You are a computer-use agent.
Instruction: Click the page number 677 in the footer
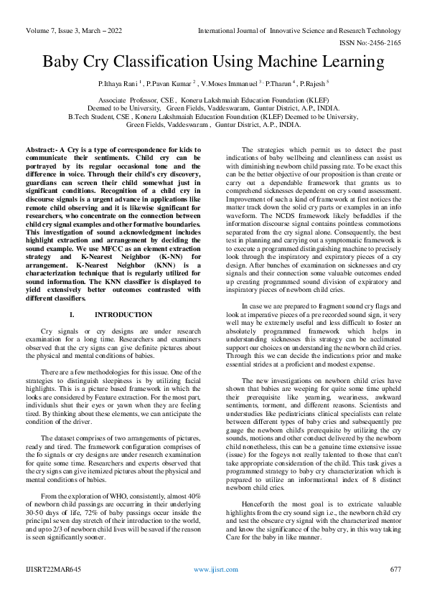[395, 589]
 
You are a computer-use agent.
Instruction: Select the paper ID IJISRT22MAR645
[50, 589]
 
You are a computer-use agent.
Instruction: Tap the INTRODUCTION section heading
[123, 315]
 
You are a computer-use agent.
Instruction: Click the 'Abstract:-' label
[41, 147]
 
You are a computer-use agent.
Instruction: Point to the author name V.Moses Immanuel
[244, 85]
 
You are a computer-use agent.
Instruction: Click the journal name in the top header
[299, 31]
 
